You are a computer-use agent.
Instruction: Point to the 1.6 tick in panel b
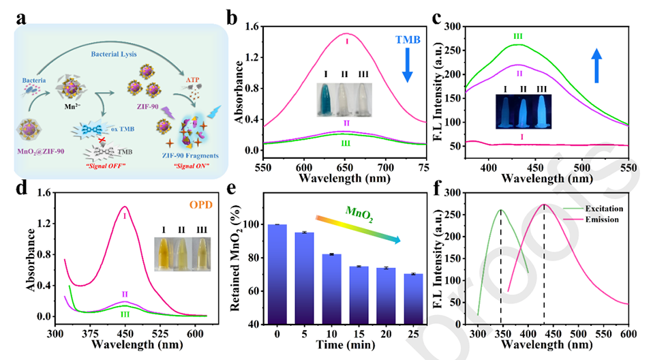(252, 27)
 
